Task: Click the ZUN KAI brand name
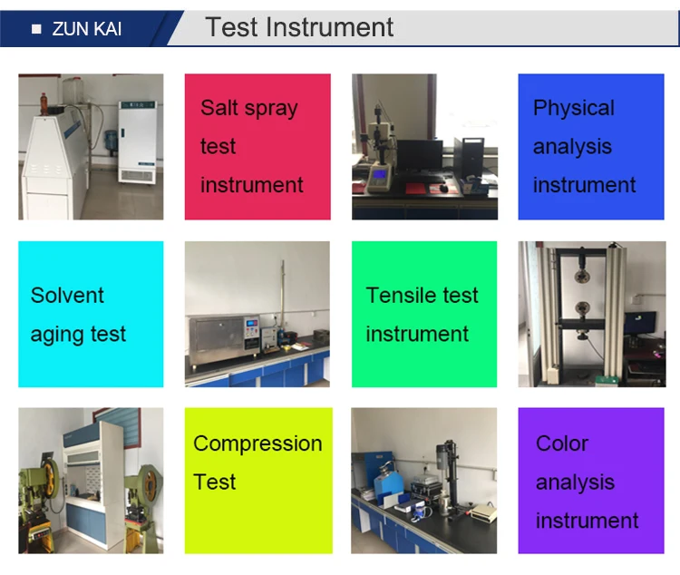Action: (x=87, y=29)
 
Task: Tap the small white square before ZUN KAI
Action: (x=36, y=29)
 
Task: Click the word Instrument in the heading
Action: (x=330, y=27)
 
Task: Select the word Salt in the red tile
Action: (x=219, y=108)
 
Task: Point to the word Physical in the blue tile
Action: (x=574, y=109)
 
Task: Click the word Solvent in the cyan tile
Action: (x=67, y=296)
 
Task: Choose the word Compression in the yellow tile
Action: (x=258, y=444)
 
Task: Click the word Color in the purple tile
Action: (x=562, y=443)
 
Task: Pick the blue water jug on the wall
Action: (x=112, y=141)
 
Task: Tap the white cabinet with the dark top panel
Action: (x=138, y=141)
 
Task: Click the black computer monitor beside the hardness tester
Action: (x=420, y=156)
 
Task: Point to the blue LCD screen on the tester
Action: (x=380, y=174)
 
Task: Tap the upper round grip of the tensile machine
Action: (x=580, y=276)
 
